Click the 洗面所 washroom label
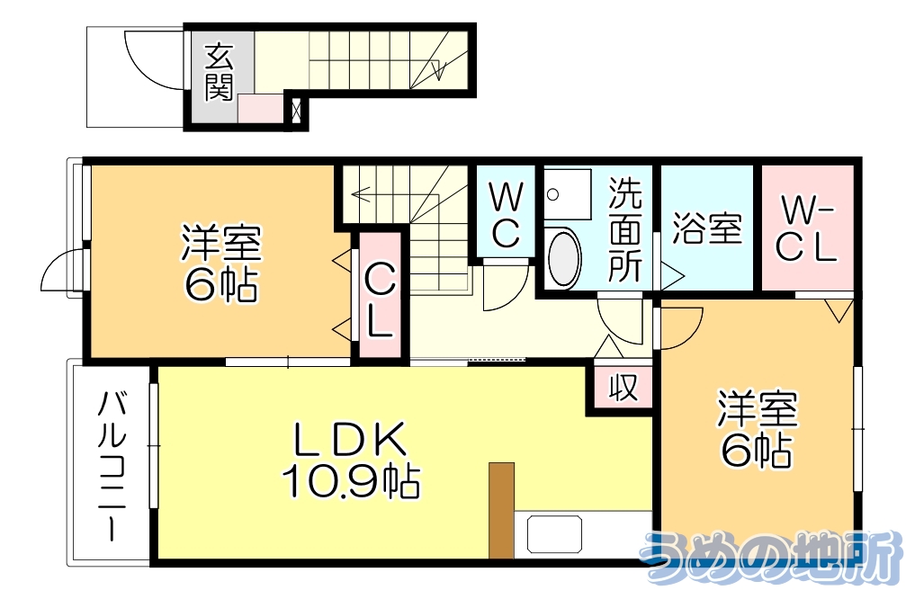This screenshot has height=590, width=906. (625, 230)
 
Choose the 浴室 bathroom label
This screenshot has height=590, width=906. (707, 228)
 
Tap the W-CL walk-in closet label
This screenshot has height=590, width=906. (806, 230)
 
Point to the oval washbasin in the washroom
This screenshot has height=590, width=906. (564, 259)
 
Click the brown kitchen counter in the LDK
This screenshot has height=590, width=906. (501, 510)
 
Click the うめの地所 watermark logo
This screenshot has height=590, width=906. (770, 558)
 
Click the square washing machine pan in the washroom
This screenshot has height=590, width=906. (567, 192)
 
